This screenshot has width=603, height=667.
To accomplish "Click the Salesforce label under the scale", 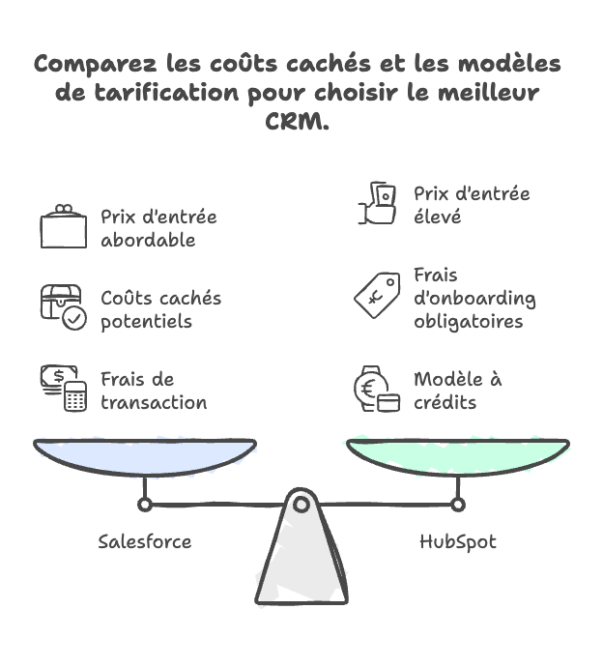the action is point(145,541).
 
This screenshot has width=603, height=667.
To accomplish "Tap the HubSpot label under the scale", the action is point(457,541).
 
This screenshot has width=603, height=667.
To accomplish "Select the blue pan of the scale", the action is point(145,455).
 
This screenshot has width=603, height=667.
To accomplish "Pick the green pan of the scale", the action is point(457,455).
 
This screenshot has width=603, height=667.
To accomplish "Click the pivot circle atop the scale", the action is point(301,504).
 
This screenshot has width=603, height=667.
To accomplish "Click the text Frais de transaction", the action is point(154,391).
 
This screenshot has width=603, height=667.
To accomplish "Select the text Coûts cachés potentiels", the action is point(160,309).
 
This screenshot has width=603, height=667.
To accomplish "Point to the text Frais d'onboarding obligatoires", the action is point(474,298).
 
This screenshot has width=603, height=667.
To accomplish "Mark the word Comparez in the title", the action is point(90,65).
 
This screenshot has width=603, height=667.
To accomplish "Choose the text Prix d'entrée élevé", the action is point(472,205).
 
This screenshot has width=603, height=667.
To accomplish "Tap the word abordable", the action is point(147,240).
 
